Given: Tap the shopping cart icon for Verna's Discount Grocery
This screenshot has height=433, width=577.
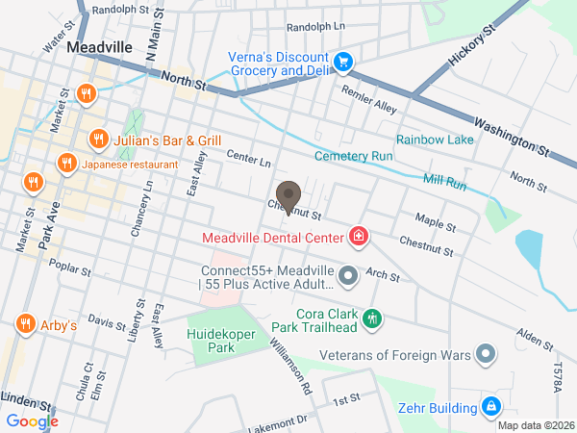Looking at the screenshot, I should pos(343,64).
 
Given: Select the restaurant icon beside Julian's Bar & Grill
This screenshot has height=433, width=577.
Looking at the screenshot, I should pos(97,140).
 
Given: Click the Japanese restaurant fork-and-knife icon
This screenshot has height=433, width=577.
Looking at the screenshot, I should pos(66,164).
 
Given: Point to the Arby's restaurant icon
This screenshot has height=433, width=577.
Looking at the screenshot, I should pos(25,326).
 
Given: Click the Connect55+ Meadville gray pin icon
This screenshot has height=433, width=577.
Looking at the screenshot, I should pos(348,277).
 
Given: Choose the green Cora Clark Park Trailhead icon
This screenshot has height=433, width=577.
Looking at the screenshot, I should pos(372,318).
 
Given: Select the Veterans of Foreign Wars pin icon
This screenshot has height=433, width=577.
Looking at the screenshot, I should pos(487,355).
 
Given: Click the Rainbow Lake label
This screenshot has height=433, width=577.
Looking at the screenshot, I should pos(435,140).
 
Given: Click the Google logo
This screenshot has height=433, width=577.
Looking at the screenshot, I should pos(32,420).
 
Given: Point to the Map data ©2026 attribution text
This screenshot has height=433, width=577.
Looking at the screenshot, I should pos(535,425).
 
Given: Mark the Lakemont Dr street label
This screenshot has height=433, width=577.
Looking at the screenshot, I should pos(277,421).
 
